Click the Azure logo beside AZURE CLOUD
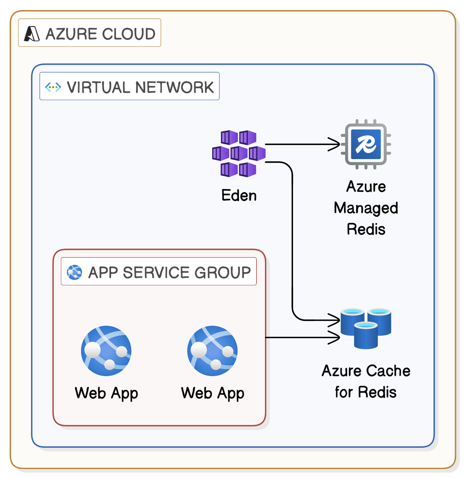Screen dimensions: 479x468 pos(32,34)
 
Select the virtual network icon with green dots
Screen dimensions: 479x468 pos(53,87)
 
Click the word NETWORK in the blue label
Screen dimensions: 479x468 pos(175,87)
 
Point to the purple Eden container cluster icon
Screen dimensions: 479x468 pos(239,153)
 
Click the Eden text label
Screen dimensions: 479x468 pos(239,195)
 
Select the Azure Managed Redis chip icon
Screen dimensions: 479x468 pos(366,144)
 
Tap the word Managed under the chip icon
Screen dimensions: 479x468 pos(366,208)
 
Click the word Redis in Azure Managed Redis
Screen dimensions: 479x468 pos(366,229)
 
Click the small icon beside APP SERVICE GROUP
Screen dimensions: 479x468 pos(75,272)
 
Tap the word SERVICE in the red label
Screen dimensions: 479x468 pos(156,272)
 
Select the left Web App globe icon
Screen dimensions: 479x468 pos(106,351)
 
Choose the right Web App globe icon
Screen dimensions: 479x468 pos(212,351)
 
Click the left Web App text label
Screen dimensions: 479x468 pos(106,393)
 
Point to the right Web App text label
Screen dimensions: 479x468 pos(212,393)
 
